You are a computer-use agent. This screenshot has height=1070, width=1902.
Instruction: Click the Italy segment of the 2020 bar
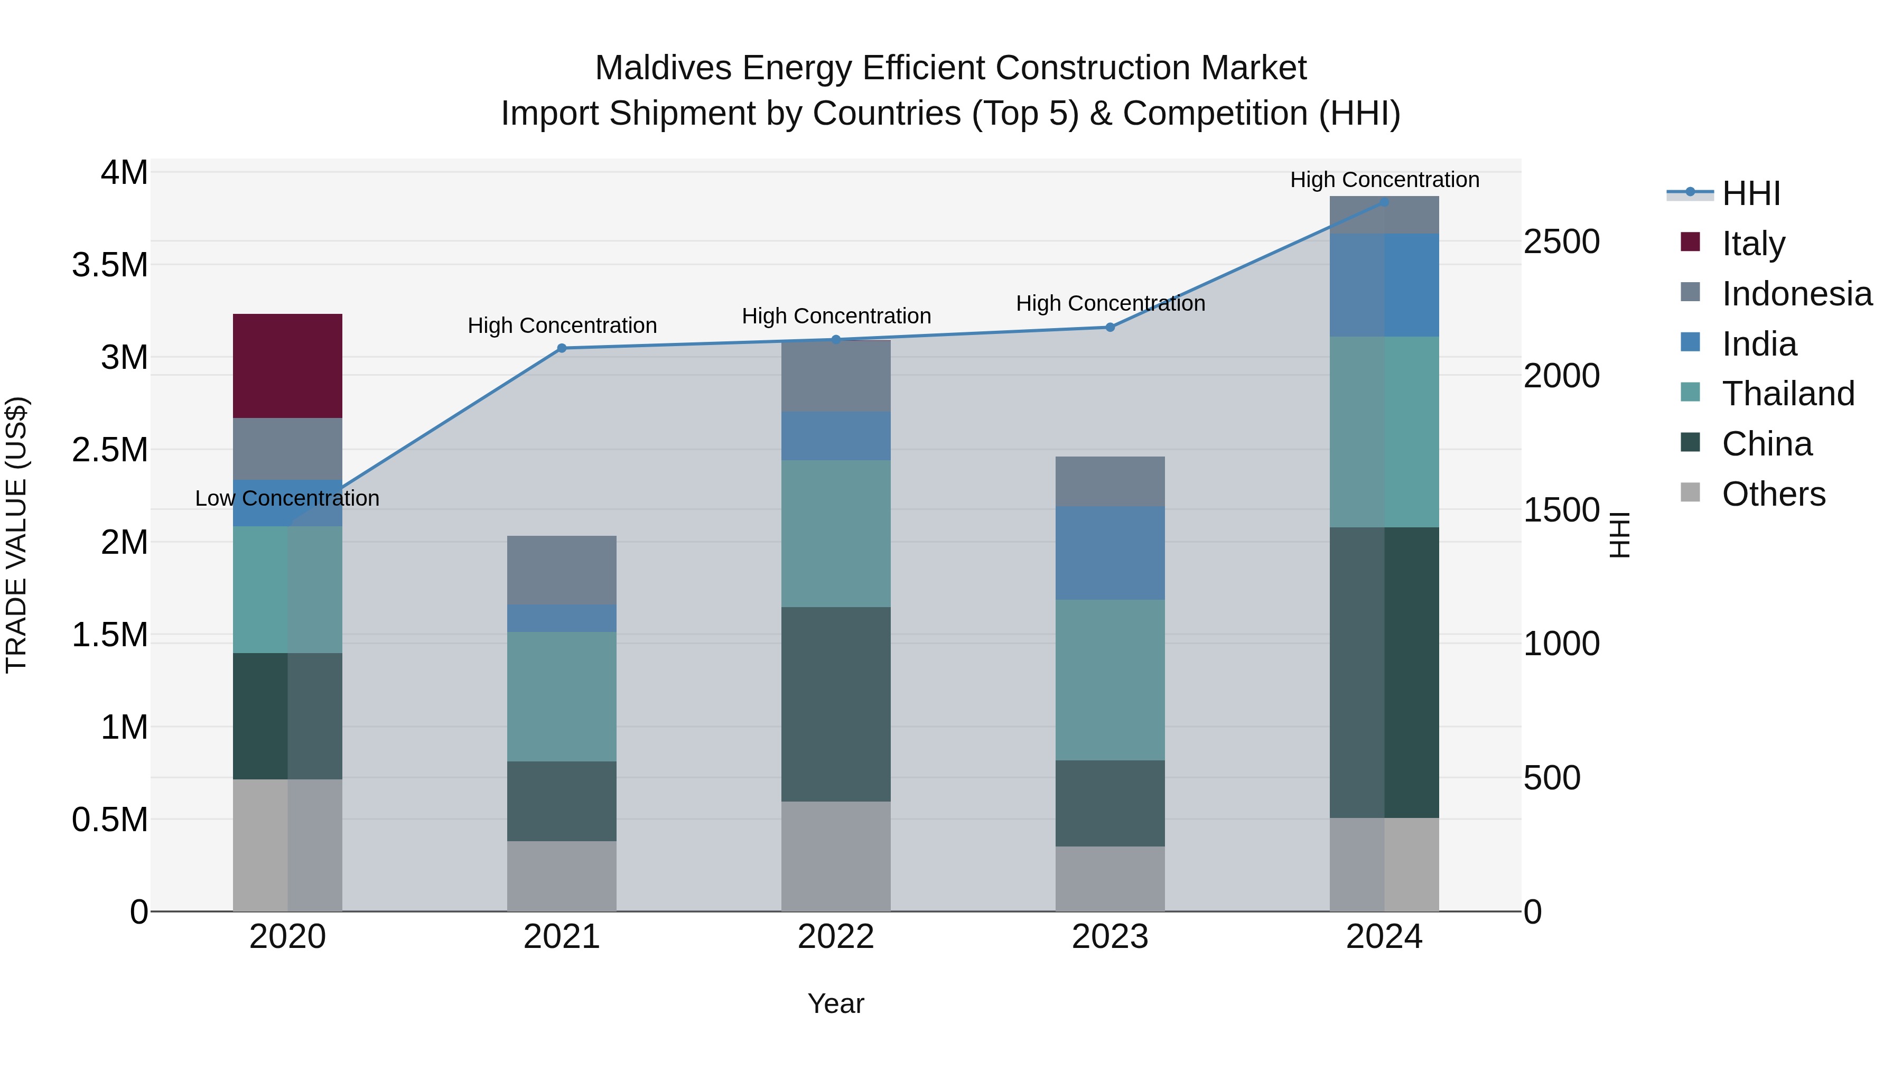[x=287, y=366]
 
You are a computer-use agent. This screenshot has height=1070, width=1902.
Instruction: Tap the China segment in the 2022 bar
[x=836, y=704]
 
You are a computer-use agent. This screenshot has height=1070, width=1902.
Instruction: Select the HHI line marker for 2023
[x=1109, y=327]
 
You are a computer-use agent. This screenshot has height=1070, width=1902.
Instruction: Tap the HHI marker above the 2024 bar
[x=1384, y=202]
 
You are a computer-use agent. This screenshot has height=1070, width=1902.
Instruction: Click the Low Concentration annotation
[x=287, y=498]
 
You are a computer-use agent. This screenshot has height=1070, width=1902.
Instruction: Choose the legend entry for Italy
[x=1753, y=243]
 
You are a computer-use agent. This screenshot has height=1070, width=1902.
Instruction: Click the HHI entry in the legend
[x=1750, y=193]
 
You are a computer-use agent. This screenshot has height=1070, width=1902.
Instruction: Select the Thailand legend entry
[x=1787, y=394]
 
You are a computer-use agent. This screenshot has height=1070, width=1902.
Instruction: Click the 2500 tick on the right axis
[x=1561, y=242]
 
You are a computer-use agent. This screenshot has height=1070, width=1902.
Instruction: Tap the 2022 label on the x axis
[x=836, y=937]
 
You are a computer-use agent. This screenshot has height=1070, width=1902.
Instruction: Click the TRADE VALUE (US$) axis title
[x=16, y=535]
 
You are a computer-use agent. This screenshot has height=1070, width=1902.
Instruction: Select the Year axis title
[x=836, y=1003]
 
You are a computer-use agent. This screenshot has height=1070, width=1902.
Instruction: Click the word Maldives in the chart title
[x=663, y=68]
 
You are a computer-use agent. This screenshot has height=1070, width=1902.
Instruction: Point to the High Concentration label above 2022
[x=836, y=316]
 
